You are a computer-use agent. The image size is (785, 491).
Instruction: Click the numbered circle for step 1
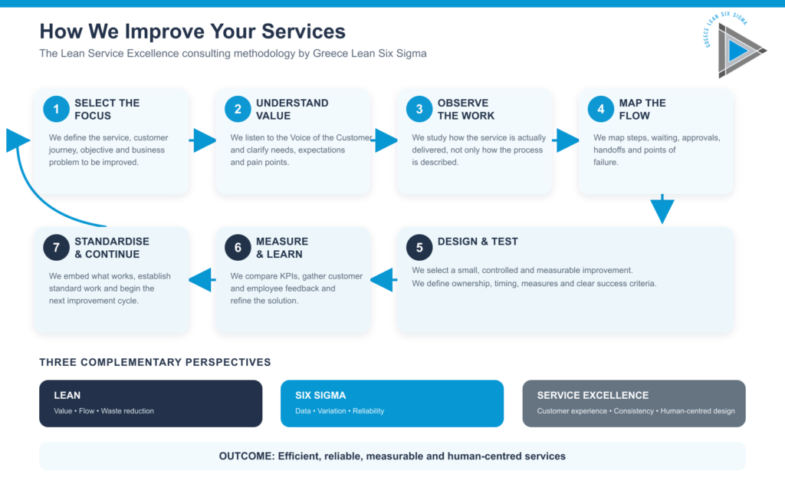56,109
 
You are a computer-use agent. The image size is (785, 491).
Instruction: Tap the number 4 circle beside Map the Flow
601,109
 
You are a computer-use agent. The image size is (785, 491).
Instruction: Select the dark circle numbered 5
419,248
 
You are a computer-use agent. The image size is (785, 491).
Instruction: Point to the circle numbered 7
56,248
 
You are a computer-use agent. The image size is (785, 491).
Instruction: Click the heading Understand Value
292,109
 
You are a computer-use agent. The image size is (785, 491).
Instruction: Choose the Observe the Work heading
466,109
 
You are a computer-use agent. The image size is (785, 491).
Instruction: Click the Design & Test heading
478,242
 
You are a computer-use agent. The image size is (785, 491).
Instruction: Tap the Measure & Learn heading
282,248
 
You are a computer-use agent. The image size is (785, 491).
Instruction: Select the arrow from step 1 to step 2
202,140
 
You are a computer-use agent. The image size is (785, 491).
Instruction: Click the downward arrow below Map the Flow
662,209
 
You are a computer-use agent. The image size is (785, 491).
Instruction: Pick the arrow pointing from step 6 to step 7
202,279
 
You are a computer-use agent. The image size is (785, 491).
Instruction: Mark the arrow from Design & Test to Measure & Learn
383,279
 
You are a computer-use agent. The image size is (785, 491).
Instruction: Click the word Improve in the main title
162,31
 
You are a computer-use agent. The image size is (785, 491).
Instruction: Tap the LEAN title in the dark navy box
67,395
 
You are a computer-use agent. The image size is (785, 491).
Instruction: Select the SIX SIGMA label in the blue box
320,395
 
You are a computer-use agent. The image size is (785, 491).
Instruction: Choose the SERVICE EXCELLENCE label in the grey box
593,395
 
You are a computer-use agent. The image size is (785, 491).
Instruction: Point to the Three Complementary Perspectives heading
155,362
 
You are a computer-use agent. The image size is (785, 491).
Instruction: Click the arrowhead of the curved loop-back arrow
18,140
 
